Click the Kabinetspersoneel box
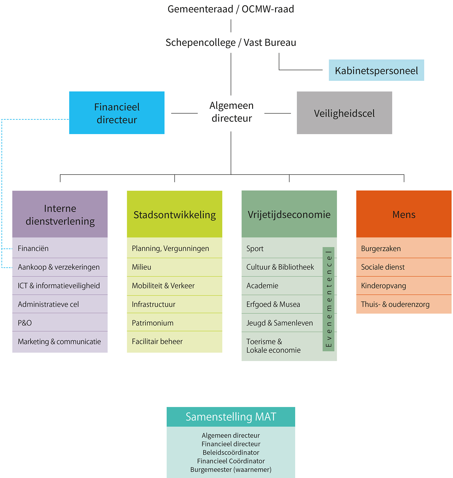[376, 70]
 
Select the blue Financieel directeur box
[117, 113]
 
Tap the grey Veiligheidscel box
[344, 113]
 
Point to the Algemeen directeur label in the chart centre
[231, 112]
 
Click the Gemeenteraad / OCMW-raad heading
[231, 9]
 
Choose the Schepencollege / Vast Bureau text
[231, 43]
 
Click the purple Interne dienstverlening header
[60, 214]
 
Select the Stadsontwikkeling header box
[175, 214]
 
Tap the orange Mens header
[404, 214]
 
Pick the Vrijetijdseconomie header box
[289, 214]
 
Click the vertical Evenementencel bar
[328, 299]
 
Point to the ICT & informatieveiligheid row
[59, 286]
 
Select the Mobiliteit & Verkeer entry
[163, 286]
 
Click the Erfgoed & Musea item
[273, 304]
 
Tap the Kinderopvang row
[383, 286]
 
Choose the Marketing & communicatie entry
[59, 341]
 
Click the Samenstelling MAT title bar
[231, 417]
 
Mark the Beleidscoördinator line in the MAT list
[231, 452]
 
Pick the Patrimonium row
[153, 323]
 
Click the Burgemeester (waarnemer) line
[231, 469]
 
